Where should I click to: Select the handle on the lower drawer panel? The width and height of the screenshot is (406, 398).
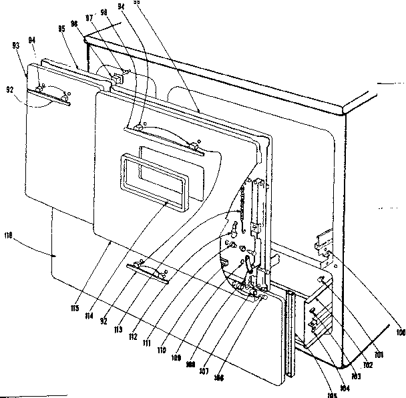147,271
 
